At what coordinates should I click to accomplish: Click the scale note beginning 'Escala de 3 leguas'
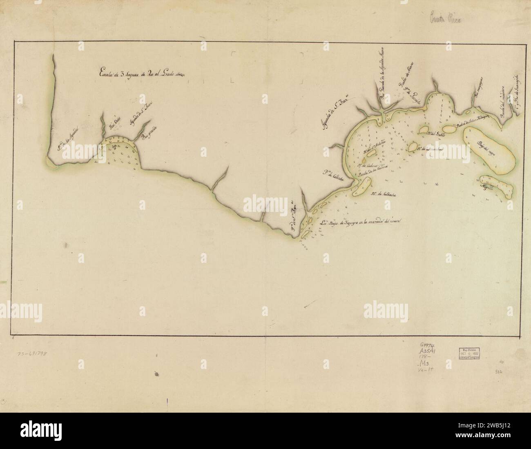click(x=139, y=73)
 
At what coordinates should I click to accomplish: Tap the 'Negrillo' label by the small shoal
click(x=489, y=189)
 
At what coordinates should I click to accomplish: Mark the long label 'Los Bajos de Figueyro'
click(x=361, y=223)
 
